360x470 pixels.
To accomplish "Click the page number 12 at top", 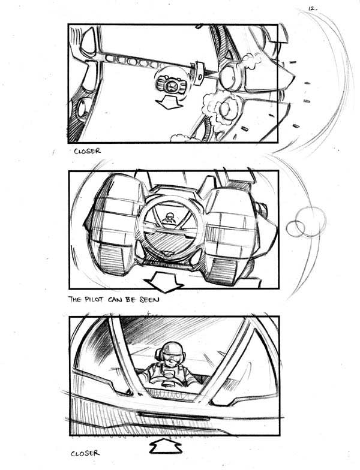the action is [x=312, y=8].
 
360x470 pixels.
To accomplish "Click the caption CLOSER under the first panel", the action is [x=88, y=151].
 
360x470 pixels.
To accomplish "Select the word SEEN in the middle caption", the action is [x=149, y=299].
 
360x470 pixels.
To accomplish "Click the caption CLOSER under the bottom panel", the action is [x=85, y=453].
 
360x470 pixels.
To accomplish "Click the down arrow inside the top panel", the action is [x=169, y=103].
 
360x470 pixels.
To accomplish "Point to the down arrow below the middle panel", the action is [x=164, y=282].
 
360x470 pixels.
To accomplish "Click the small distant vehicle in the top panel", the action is [x=170, y=85].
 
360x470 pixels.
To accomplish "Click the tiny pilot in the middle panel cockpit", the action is [x=169, y=218].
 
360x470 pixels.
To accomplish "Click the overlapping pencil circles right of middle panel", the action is [x=307, y=222].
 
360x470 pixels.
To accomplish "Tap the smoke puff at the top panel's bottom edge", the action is [x=179, y=138].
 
